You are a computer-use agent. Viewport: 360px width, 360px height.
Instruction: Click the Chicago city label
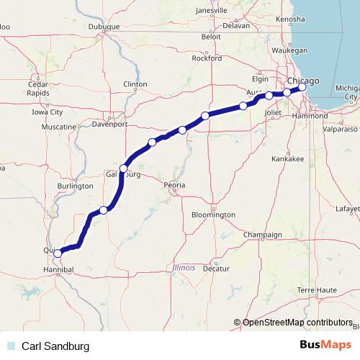point(302,81)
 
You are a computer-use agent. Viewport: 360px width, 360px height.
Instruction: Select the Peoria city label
point(175,185)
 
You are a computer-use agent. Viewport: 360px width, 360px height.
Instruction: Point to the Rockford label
point(206,59)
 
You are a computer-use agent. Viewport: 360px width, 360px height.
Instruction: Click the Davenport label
point(109,123)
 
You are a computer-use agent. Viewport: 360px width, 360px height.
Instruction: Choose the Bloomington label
point(215,215)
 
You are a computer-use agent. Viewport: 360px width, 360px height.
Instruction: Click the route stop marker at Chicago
point(302,88)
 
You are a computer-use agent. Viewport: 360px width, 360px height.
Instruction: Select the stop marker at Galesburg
point(124,168)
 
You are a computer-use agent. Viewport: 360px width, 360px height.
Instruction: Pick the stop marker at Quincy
point(58,253)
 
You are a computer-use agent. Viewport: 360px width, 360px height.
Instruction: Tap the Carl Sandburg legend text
point(55,346)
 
